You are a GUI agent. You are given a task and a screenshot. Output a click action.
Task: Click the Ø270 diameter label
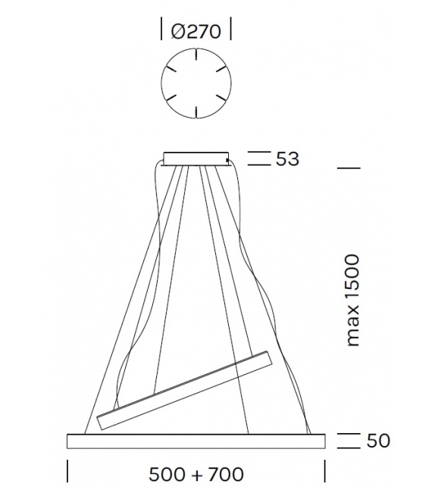click(x=196, y=31)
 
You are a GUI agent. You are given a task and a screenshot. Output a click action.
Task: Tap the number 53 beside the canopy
click(x=287, y=159)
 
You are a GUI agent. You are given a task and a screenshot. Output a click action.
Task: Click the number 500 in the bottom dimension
click(x=167, y=474)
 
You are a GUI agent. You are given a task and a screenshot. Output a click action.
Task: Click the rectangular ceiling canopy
click(x=196, y=159)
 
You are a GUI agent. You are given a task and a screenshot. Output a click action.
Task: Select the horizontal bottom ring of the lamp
click(x=196, y=441)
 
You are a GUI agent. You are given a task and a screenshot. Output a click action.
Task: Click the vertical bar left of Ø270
click(x=162, y=30)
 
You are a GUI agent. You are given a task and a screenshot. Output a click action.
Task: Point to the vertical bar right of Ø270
click(x=230, y=30)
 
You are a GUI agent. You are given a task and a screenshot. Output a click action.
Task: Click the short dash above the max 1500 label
click(x=349, y=168)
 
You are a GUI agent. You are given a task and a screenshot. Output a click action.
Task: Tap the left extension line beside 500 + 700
click(x=67, y=470)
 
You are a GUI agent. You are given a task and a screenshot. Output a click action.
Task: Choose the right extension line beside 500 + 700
click(x=324, y=470)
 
